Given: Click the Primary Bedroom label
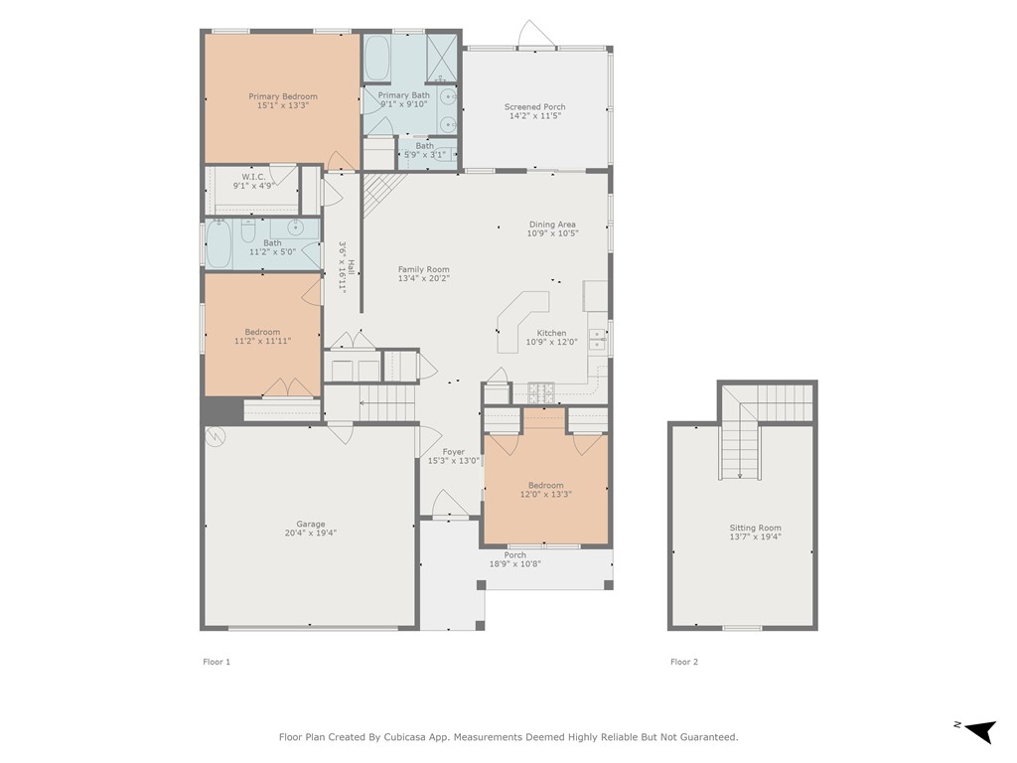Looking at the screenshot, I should click(283, 96).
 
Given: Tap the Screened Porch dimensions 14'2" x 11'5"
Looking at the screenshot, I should click(535, 116).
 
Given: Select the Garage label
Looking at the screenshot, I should click(310, 524).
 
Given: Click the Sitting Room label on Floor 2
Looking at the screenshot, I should click(755, 528).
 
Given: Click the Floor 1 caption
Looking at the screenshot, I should click(216, 662).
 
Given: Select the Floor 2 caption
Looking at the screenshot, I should click(683, 662).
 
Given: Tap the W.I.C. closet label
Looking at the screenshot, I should click(253, 177).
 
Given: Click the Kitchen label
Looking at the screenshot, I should click(551, 333).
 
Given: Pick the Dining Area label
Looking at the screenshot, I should click(552, 225).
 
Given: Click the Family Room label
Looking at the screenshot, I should click(423, 269).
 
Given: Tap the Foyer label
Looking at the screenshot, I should click(453, 452).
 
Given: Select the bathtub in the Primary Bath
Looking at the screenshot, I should click(377, 59).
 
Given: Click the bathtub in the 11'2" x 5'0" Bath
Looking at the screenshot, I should click(218, 243).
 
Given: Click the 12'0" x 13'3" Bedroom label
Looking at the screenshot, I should click(545, 485).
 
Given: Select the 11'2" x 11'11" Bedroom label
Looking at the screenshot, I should click(262, 332).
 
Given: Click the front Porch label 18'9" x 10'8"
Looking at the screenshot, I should click(514, 555).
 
